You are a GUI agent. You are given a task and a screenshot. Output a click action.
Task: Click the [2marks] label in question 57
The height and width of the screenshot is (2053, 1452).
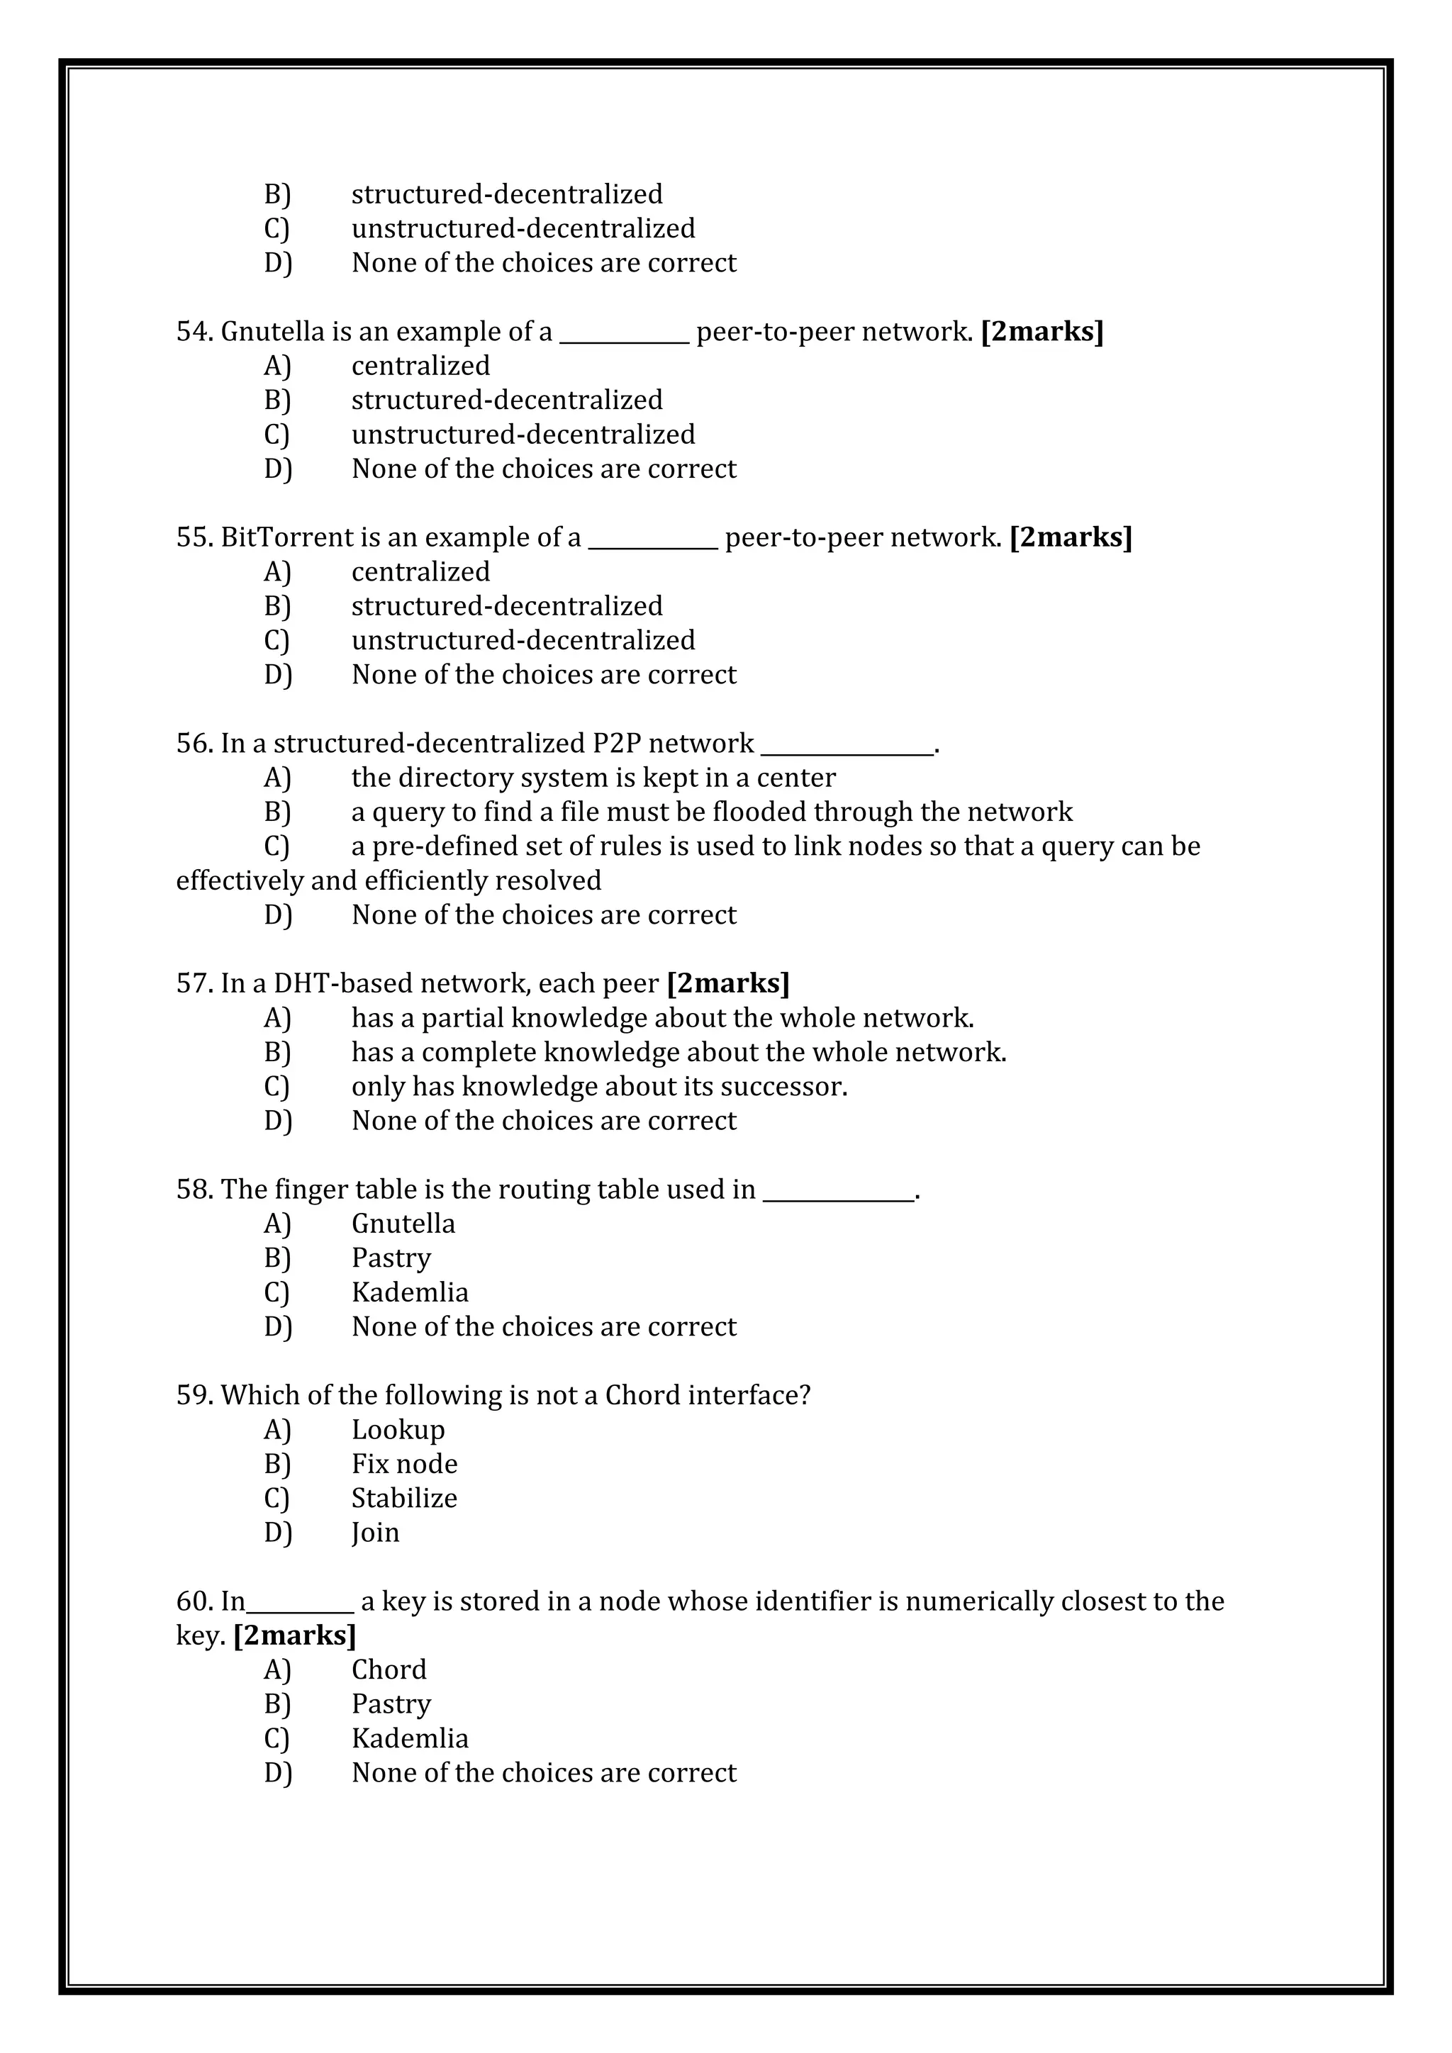pos(728,983)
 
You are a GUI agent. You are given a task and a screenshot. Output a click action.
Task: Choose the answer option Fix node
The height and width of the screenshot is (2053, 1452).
pos(403,1464)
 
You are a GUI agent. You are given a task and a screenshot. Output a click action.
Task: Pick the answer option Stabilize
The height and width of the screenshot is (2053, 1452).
pos(403,1498)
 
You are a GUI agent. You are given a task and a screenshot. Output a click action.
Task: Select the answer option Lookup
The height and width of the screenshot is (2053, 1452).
pos(397,1430)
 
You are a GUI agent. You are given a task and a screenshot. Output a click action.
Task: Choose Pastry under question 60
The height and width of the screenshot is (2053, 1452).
pos(391,1704)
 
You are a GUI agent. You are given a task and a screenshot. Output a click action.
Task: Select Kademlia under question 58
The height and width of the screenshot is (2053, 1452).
pos(410,1292)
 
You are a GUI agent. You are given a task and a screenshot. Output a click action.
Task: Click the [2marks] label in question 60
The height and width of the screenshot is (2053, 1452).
pos(294,1635)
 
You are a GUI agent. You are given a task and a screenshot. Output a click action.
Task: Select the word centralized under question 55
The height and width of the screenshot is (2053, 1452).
pos(420,571)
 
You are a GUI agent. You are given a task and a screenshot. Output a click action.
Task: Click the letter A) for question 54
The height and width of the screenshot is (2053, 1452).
pos(277,366)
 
